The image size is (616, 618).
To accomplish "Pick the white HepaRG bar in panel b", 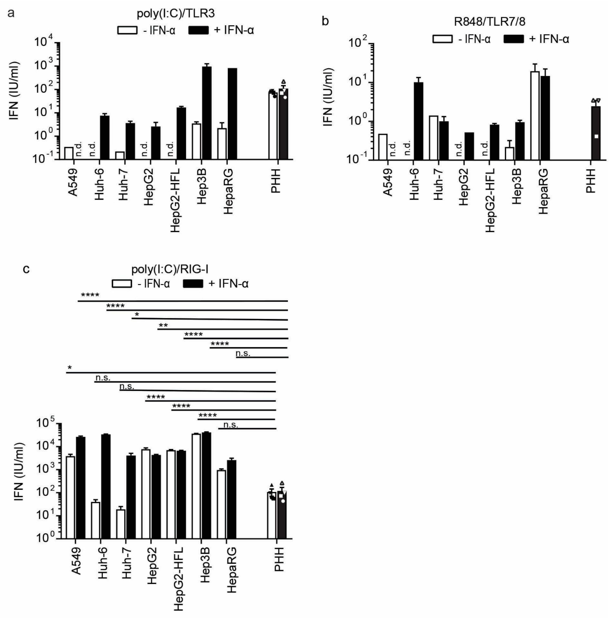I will click(535, 115).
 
